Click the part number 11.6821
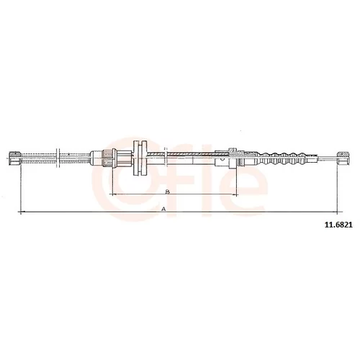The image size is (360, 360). pyautogui.click(x=338, y=225)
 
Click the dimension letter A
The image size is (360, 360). pyautogui.click(x=163, y=209)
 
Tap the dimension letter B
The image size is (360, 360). pyautogui.click(x=168, y=192)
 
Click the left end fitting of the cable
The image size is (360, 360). pyautogui.click(x=15, y=158)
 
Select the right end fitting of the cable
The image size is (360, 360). pyautogui.click(x=343, y=158)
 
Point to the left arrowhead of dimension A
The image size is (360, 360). pyautogui.click(x=20, y=212)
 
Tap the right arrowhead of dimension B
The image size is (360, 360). pyautogui.click(x=235, y=194)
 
